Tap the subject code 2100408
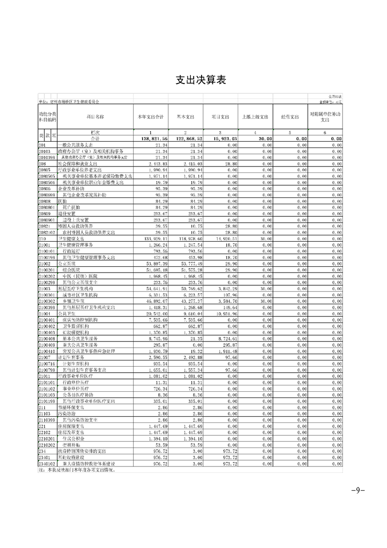click(47, 338)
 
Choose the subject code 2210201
click(47, 452)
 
